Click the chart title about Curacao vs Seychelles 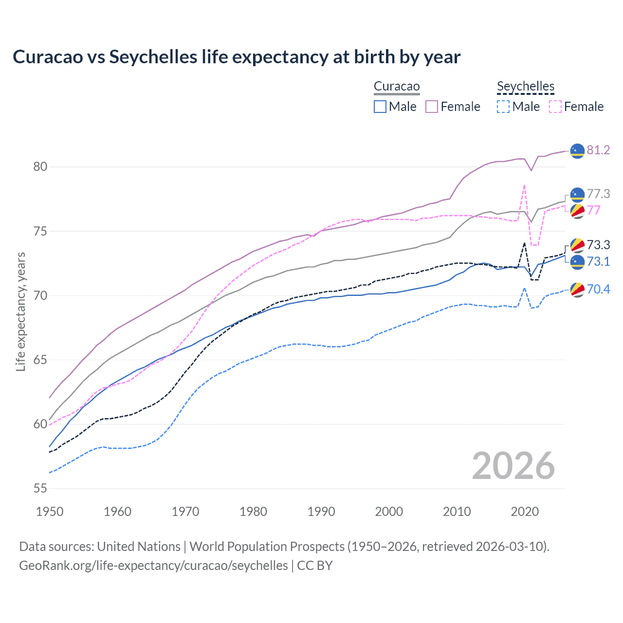point(237,57)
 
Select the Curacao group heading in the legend point(396,87)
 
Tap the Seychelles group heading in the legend point(525,87)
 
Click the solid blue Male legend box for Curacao point(380,107)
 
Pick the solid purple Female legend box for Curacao point(432,107)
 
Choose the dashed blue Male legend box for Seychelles point(503,107)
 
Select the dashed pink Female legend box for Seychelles point(555,107)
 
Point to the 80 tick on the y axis point(40,167)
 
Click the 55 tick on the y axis point(40,489)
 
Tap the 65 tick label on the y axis point(40,360)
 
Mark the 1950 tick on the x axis point(50,512)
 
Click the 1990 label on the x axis point(321,512)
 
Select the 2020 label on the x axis point(525,512)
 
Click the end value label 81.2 point(598,150)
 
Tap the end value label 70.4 point(598,290)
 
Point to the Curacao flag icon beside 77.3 point(577,194)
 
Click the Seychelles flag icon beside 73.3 point(577,245)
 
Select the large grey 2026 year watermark point(513,466)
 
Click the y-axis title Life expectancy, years point(20,311)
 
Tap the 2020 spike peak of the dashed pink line point(524,185)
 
